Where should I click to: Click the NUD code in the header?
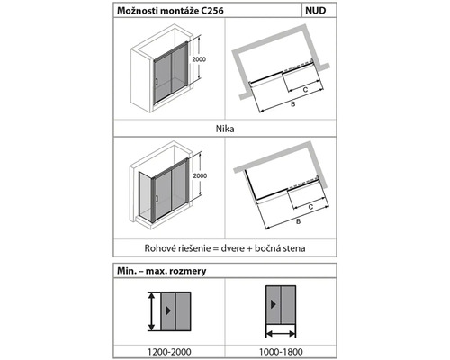[x=316, y=11]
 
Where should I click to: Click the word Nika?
[x=225, y=129]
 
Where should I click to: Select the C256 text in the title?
[x=212, y=11]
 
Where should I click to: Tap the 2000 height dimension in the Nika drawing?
[x=199, y=59]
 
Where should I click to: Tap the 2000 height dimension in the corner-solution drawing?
[x=200, y=175]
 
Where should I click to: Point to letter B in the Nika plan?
[x=293, y=104]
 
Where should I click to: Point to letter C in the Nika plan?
[x=305, y=89]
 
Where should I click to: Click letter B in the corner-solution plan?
[x=298, y=221]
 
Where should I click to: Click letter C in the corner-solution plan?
[x=310, y=207]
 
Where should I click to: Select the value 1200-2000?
[x=169, y=352]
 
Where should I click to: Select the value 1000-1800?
[x=281, y=352]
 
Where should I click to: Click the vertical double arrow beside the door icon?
[x=152, y=311]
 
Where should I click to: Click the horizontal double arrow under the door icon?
[x=281, y=333]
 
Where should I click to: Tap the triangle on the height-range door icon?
[x=168, y=310]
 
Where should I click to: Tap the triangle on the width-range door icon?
[x=273, y=304]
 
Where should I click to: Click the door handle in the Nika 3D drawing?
[x=157, y=82]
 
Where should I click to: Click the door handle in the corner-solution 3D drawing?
[x=157, y=198]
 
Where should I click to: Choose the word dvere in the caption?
[x=233, y=248]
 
